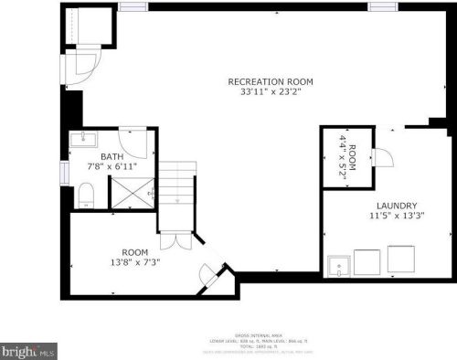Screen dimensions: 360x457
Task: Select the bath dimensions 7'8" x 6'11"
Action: pos(112,166)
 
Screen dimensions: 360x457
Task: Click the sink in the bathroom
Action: pos(83,139)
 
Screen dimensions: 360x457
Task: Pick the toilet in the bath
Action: pos(85,193)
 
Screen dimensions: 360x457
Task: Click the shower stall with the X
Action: pos(132,193)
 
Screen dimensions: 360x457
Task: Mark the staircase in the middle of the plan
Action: pos(177,196)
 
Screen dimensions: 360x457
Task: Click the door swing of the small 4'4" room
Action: pos(383,158)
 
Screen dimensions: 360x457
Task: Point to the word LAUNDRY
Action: pos(397,206)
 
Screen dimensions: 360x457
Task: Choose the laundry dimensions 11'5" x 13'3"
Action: pos(397,217)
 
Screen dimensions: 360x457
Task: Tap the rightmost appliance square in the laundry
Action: pos(399,263)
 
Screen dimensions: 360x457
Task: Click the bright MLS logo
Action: pos(28,350)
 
